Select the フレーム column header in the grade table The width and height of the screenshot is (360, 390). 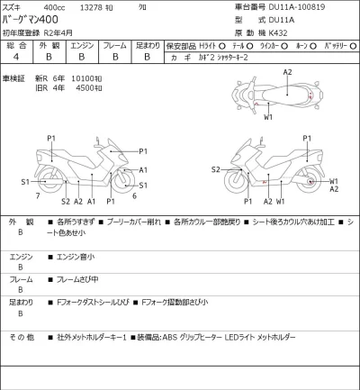[114, 44]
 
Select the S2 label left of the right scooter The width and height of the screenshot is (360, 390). [216, 169]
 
